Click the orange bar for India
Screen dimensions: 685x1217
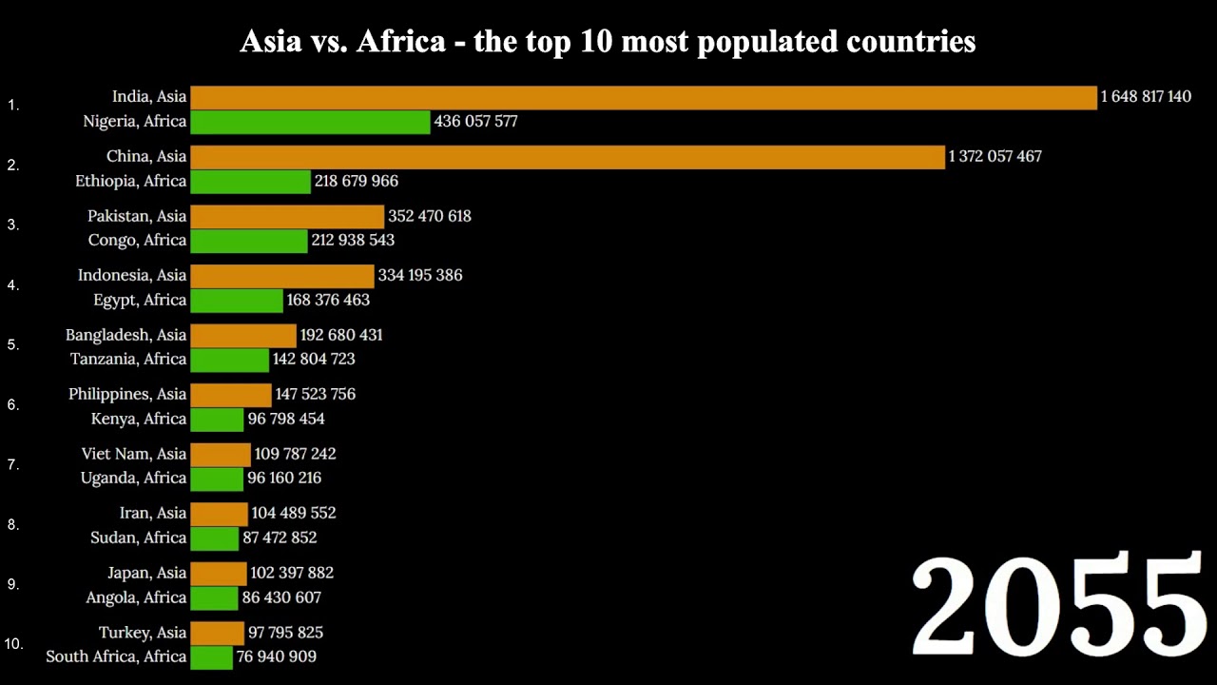(x=644, y=97)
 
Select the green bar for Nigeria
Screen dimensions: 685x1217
(x=310, y=122)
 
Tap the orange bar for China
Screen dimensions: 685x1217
(x=568, y=157)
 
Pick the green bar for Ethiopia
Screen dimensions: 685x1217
(x=250, y=182)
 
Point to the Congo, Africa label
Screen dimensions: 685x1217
(x=137, y=241)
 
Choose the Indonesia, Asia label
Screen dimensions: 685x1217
(x=132, y=276)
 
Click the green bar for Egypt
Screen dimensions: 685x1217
(x=237, y=301)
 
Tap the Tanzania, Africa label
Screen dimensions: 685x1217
(x=128, y=360)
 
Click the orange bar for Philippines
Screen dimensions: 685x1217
(x=231, y=395)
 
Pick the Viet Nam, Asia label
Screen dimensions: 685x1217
(x=134, y=455)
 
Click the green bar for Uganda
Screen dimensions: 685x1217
(x=217, y=479)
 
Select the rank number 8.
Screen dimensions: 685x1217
(x=13, y=524)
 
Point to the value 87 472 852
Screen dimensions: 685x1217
(x=280, y=538)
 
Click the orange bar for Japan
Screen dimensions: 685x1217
(x=219, y=574)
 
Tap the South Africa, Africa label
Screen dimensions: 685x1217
(x=116, y=657)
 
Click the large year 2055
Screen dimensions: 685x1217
(x=1058, y=606)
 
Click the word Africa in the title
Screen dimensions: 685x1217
(x=400, y=42)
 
